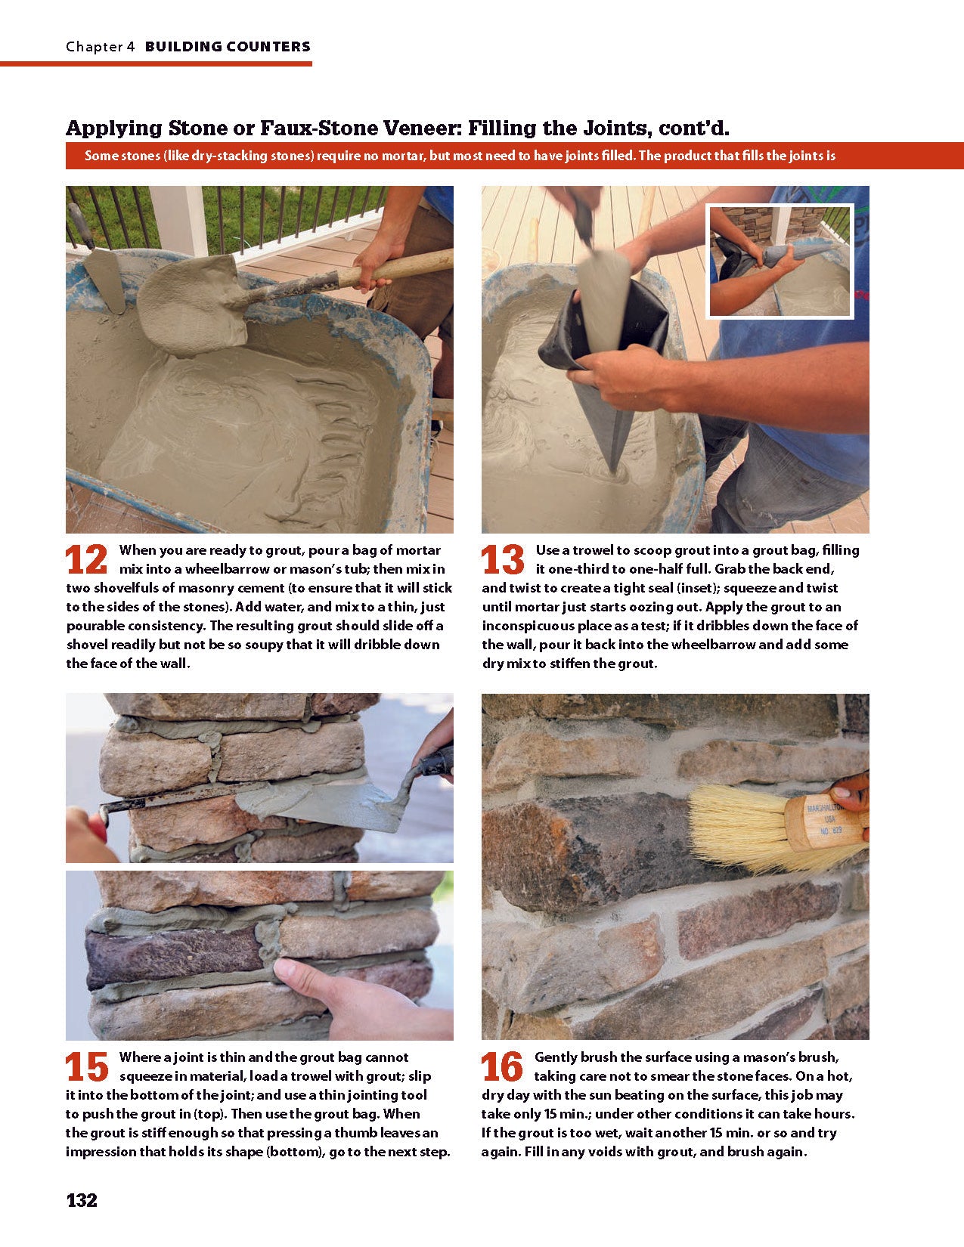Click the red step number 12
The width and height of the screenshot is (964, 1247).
pyautogui.click(x=87, y=560)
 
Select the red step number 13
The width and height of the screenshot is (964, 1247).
pyautogui.click(x=503, y=560)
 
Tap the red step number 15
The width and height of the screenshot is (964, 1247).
pyautogui.click(x=87, y=1067)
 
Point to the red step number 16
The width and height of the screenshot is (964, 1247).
pyautogui.click(x=502, y=1067)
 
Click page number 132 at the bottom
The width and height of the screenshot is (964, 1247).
pyautogui.click(x=82, y=1200)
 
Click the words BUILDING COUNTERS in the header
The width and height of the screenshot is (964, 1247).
pyautogui.click(x=228, y=47)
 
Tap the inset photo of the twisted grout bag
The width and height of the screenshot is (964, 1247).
pyautogui.click(x=780, y=261)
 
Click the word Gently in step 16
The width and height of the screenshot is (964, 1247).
pyautogui.click(x=556, y=1057)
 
